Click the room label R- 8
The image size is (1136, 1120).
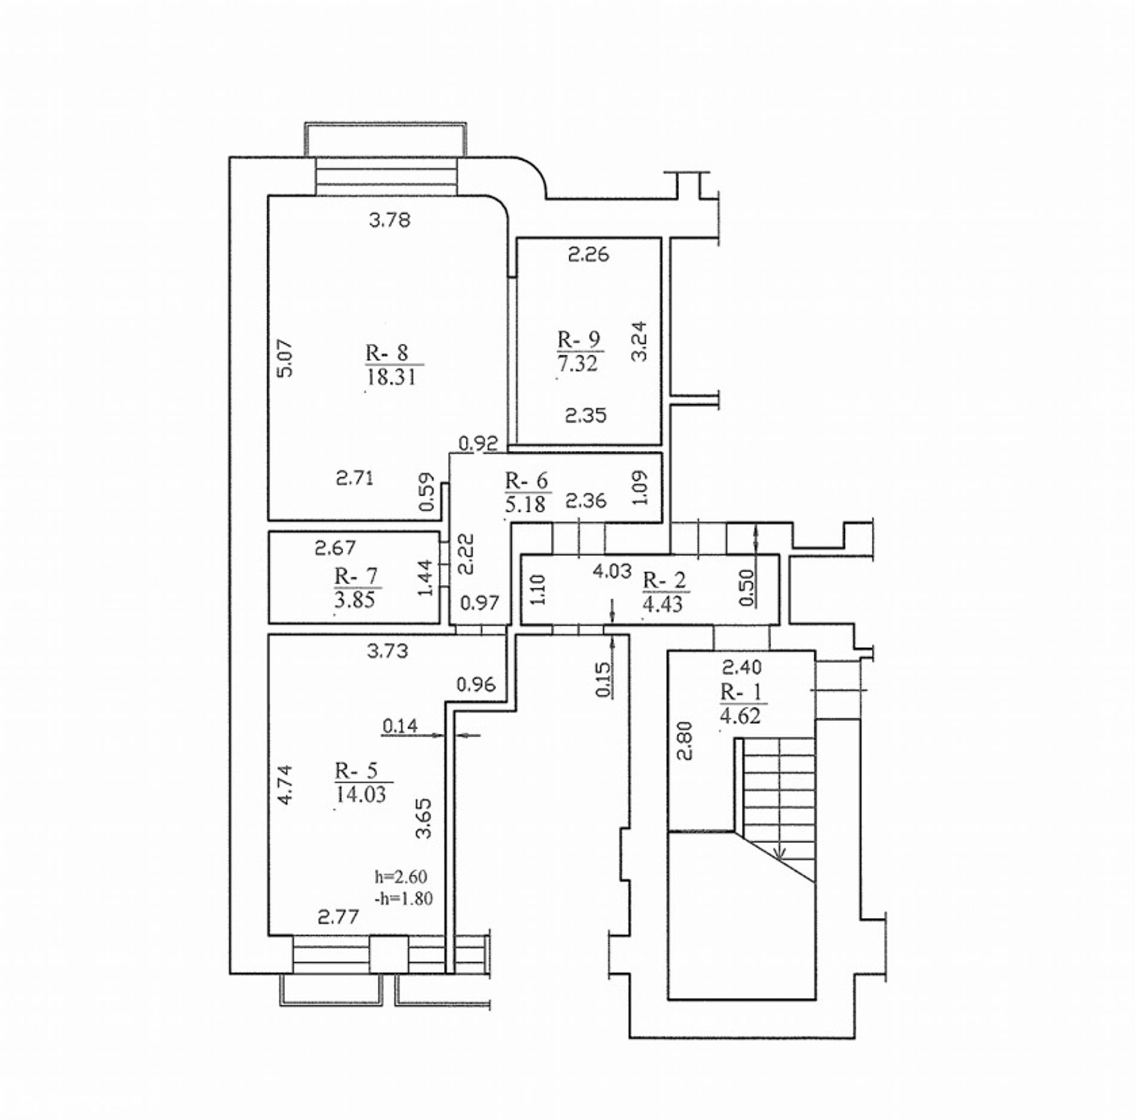click(387, 352)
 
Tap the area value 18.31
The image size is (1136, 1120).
click(391, 377)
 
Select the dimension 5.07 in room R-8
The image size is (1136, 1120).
click(286, 358)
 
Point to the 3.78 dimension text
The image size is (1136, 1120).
click(390, 221)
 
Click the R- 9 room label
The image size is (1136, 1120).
click(579, 339)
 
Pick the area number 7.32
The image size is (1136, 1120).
click(578, 364)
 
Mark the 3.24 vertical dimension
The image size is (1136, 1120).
click(639, 341)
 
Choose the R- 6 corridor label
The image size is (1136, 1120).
click(527, 480)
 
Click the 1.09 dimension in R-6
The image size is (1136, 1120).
click(640, 488)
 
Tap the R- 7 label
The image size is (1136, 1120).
click(356, 576)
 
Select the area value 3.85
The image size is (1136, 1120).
click(355, 599)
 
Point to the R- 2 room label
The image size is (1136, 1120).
click(664, 579)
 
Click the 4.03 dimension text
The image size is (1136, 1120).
click(612, 571)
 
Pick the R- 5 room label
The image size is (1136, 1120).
click(357, 771)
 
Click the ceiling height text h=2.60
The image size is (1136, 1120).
click(401, 877)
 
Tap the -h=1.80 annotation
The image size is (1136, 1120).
click(402, 898)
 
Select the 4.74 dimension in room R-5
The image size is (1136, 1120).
click(286, 785)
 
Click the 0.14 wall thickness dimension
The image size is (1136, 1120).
click(400, 726)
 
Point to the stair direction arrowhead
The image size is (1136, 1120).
click(779, 855)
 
